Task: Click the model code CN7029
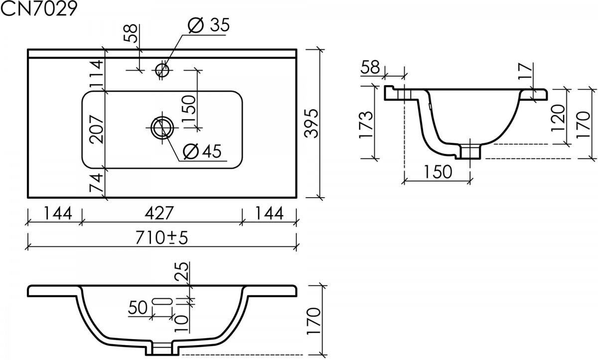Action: (39, 8)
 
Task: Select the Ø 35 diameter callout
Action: (208, 25)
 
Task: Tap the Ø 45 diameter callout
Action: (202, 151)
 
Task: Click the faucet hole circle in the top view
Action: (162, 70)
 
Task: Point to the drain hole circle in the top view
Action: (162, 128)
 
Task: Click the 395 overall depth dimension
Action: (311, 123)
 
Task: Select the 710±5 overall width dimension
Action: (162, 238)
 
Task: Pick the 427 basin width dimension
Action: (159, 213)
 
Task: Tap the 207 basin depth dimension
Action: (96, 129)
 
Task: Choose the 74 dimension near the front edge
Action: (96, 183)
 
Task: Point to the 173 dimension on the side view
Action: (365, 125)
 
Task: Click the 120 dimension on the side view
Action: (558, 118)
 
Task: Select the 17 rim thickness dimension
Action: (525, 71)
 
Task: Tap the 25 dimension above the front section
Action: (181, 272)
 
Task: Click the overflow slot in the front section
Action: (162, 301)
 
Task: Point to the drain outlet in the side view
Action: (470, 151)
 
